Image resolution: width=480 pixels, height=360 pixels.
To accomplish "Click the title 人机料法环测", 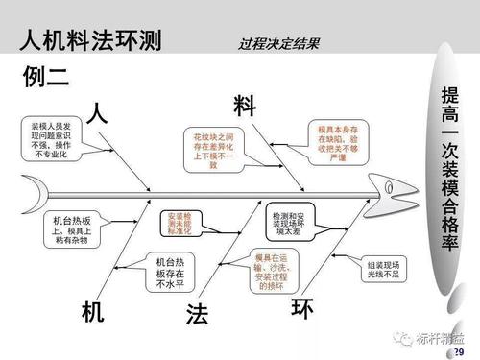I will tap(91, 40).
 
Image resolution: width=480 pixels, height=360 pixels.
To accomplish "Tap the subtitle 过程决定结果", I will tap(279, 43).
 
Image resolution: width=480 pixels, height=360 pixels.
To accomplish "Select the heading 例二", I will tap(46, 78).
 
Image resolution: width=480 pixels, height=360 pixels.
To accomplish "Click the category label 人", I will tap(97, 111).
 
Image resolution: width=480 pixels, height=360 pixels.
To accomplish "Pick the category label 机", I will tap(93, 311).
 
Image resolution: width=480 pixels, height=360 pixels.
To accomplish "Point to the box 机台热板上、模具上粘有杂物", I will tap(70, 229).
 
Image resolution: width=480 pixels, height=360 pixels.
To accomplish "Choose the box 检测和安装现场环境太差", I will tap(292, 225).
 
